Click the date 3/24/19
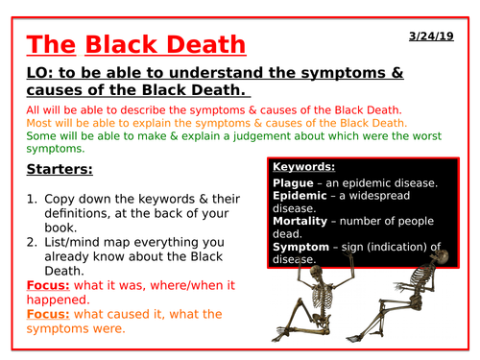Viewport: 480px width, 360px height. coord(437,35)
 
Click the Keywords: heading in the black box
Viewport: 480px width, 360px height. coord(306,165)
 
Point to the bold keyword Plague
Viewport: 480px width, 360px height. coord(296,182)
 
